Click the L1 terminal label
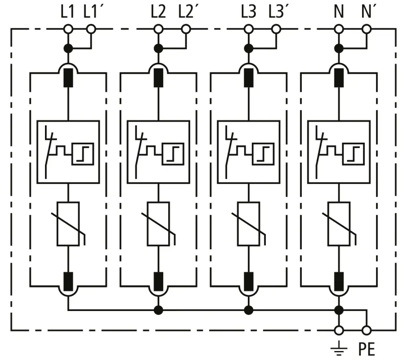pyautogui.click(x=67, y=12)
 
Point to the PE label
pyautogui.click(x=367, y=349)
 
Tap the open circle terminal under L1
pyautogui.click(x=68, y=29)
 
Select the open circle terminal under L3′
pyautogui.click(x=276, y=29)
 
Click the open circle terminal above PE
pyautogui.click(x=367, y=330)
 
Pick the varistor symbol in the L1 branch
pyautogui.click(x=68, y=224)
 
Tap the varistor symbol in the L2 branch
pyautogui.click(x=158, y=224)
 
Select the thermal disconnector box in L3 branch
pyautogui.click(x=249, y=152)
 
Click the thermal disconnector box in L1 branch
pyautogui.click(x=68, y=152)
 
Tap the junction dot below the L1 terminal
pyautogui.click(x=68, y=48)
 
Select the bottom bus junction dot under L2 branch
pyautogui.click(x=158, y=310)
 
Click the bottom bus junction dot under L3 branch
pyautogui.click(x=249, y=310)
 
